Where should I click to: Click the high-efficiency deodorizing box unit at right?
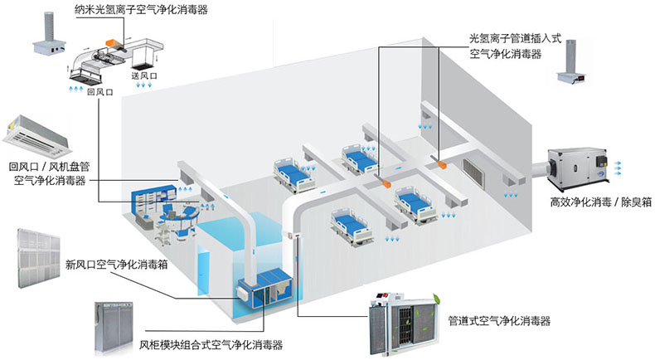[580, 167]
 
